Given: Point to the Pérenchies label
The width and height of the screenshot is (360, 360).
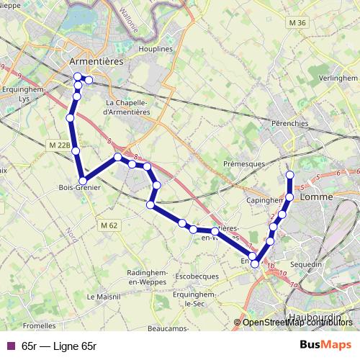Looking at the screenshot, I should [290, 123].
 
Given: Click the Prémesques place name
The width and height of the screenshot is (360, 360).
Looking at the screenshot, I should [244, 164].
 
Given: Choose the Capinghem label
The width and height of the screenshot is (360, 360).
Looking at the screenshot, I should [264, 201].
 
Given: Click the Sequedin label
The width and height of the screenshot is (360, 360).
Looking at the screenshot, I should [306, 264].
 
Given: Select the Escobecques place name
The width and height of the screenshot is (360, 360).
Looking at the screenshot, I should [196, 276].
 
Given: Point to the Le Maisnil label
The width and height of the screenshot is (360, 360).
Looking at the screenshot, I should [102, 296].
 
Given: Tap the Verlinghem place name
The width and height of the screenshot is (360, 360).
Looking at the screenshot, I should [336, 77].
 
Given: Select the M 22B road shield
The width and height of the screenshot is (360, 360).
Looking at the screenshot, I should [60, 145].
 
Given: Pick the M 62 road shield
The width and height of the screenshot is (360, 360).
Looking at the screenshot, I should [109, 225].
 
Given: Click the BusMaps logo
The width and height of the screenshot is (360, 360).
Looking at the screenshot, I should [325, 345].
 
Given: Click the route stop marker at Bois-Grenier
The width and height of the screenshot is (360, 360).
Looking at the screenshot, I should [84, 181].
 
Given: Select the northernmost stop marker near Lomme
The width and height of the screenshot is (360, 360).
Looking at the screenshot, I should [290, 175].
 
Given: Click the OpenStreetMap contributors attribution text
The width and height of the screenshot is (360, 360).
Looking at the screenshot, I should [298, 323].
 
